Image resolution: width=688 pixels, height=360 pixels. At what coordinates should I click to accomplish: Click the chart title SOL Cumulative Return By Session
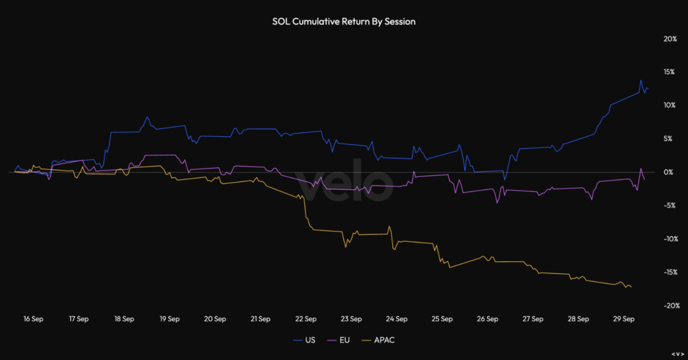point(343,21)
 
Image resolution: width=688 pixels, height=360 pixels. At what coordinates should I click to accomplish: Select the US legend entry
point(310,340)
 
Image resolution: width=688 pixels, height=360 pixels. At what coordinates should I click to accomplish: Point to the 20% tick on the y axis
point(669,39)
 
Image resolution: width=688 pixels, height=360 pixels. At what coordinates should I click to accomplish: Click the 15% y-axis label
point(669,72)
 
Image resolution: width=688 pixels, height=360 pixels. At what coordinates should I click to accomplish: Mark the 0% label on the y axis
point(670,172)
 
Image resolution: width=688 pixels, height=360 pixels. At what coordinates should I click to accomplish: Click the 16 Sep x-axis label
point(33,319)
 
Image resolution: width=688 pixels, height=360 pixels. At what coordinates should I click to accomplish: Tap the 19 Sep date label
point(169,319)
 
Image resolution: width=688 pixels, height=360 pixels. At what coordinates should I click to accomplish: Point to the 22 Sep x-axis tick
point(306,319)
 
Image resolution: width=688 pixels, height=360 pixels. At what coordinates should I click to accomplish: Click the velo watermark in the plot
point(344,179)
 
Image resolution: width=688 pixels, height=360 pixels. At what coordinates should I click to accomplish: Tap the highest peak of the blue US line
point(641,81)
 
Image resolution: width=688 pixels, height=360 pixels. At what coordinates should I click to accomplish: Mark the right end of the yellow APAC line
point(631,287)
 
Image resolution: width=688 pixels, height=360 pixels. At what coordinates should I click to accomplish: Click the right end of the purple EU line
point(645,179)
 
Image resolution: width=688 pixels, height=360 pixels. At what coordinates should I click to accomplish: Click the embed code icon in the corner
point(677,353)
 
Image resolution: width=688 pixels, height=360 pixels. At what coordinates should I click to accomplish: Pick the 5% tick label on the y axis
point(670,139)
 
